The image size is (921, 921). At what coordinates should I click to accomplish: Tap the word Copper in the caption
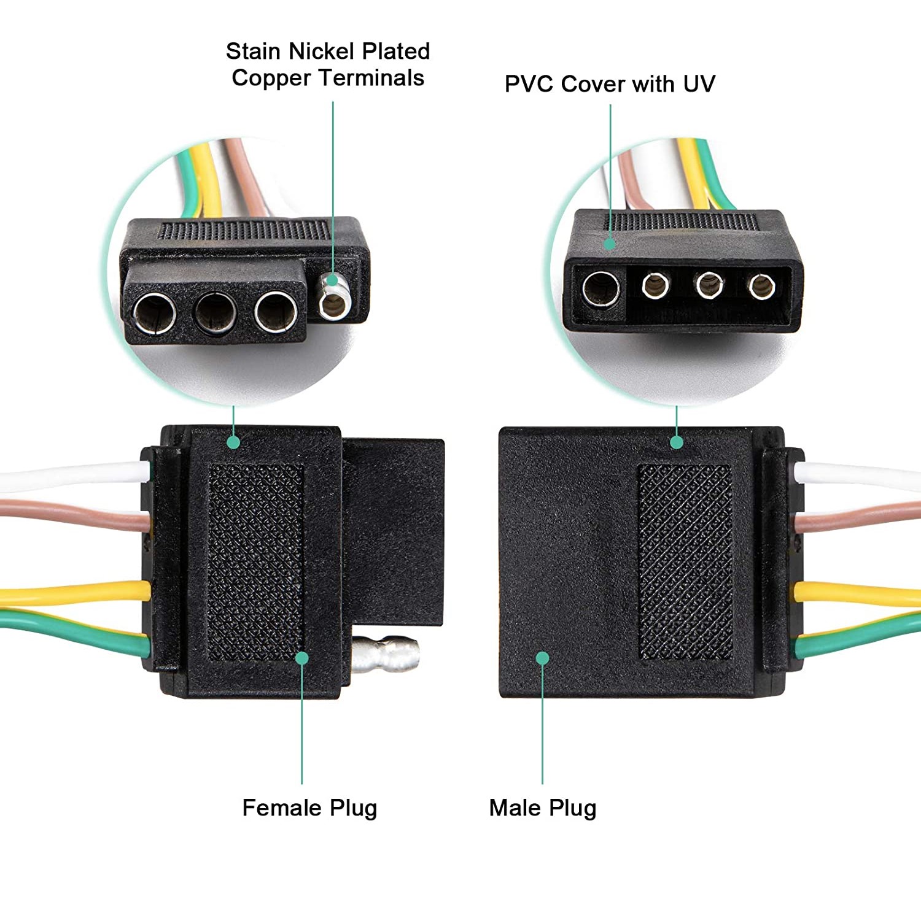click(271, 79)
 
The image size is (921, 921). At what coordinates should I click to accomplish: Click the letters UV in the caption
click(699, 84)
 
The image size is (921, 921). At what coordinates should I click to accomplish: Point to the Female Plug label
click(309, 808)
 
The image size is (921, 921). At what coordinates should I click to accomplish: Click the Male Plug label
click(542, 808)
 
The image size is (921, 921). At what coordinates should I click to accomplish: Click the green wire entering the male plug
click(860, 638)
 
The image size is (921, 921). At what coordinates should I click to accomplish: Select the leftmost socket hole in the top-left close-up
click(155, 313)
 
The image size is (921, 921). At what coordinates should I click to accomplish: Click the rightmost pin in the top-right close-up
click(761, 286)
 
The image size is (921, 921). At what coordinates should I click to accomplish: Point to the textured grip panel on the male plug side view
click(685, 561)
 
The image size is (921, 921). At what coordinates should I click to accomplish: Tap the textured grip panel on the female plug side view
click(256, 561)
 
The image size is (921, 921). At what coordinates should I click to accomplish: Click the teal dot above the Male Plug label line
click(542, 658)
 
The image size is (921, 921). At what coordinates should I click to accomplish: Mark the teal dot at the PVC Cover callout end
click(610, 244)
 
